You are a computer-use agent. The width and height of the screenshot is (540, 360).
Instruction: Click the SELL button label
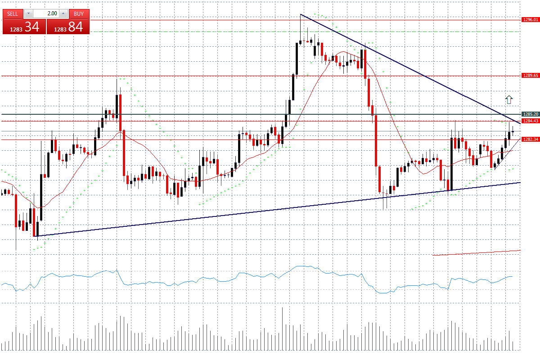point(13,13)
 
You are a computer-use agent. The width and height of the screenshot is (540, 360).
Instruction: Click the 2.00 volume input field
point(46,13)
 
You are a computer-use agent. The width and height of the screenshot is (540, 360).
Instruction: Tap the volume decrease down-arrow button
point(29,13)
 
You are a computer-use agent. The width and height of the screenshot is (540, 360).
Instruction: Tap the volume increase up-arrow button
point(63,13)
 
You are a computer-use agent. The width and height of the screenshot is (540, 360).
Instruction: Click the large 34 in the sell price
point(31,27)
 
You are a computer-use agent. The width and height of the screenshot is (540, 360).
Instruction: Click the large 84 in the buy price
point(76,27)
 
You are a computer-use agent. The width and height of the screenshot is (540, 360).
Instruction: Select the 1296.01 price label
point(530,20)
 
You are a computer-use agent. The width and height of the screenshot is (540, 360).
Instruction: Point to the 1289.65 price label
point(530,76)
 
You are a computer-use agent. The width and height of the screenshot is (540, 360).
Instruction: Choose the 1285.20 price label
point(530,114)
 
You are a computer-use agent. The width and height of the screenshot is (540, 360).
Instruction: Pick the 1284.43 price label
point(530,121)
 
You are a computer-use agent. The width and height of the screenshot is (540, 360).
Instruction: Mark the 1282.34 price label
point(530,139)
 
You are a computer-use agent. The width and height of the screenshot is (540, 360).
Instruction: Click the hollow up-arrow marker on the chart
point(509,99)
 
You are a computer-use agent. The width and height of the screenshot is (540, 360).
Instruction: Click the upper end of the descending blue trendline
point(301,15)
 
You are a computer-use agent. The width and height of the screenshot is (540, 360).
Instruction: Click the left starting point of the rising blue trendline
point(35,236)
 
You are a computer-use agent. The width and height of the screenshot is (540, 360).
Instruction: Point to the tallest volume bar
point(282,328)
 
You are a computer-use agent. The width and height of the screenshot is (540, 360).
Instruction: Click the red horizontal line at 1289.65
point(225,76)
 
